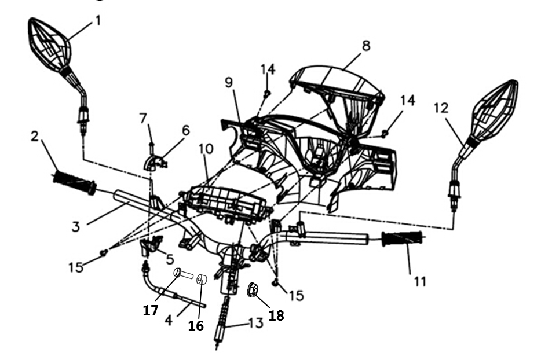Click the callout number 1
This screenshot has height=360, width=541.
point(98,21)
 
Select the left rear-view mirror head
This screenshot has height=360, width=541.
point(49,44)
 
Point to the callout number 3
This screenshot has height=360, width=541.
point(75,226)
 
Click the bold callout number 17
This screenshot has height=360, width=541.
point(151,310)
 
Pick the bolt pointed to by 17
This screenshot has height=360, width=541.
point(184,274)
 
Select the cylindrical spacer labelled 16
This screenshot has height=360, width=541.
point(202,280)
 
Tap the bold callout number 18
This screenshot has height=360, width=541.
point(276,315)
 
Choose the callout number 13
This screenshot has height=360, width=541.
point(256,323)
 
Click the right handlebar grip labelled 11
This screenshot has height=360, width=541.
point(403,238)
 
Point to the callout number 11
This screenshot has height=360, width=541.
point(420,282)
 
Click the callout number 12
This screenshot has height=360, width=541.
point(441,108)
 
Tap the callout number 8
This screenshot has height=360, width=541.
point(366,46)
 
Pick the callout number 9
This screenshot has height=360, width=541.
point(229,82)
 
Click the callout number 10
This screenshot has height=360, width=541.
point(206,149)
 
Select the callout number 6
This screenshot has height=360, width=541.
point(185,130)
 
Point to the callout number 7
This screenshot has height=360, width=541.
point(144,118)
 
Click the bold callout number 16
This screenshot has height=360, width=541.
point(196,326)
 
